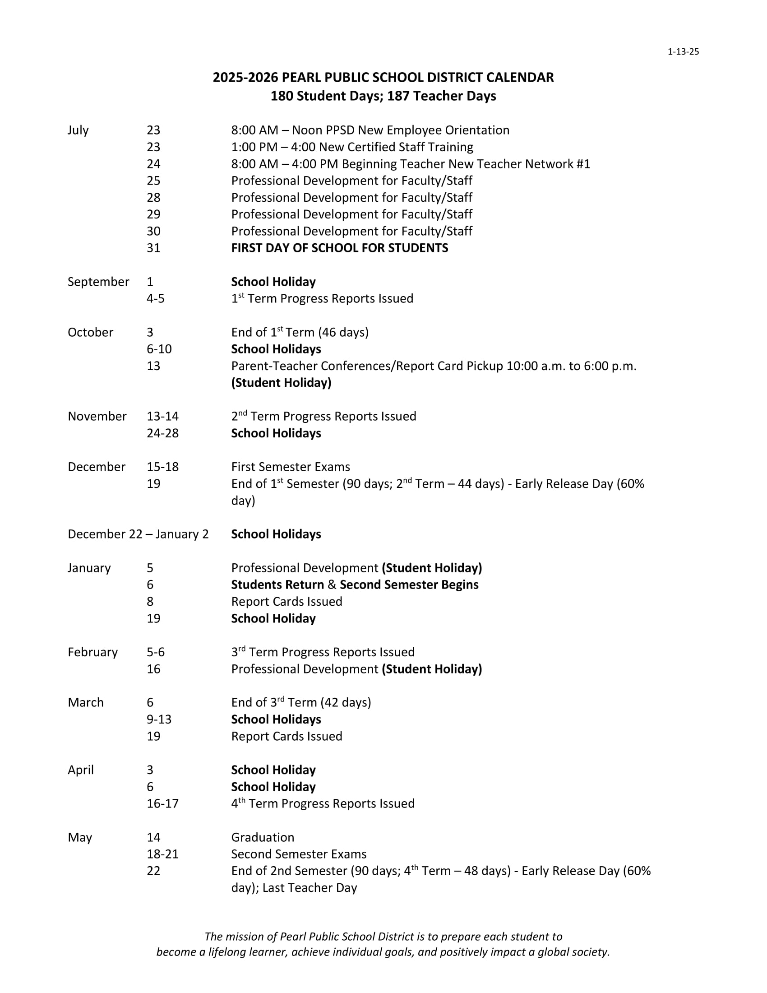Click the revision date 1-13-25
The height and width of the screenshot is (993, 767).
(x=683, y=52)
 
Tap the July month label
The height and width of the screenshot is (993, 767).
(x=78, y=130)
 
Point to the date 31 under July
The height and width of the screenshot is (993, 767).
(x=153, y=248)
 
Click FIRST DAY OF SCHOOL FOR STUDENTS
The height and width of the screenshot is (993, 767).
(x=339, y=248)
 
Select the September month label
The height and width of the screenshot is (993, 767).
(x=98, y=282)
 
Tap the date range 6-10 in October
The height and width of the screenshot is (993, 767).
(x=159, y=349)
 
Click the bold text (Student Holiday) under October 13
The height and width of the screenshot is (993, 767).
(x=281, y=383)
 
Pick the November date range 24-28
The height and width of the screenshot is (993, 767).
(x=162, y=433)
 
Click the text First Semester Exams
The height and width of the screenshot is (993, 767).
(x=291, y=467)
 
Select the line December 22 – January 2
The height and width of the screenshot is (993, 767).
(x=138, y=534)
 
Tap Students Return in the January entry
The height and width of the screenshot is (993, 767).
(x=277, y=585)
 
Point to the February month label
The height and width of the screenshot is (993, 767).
(x=92, y=652)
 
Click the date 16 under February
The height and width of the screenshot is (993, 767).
(x=153, y=669)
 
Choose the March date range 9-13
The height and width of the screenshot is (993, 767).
(x=159, y=719)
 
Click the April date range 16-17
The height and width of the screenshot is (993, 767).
(x=162, y=803)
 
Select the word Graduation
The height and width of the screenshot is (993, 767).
(x=263, y=837)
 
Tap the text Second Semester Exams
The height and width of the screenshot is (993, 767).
(x=299, y=854)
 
